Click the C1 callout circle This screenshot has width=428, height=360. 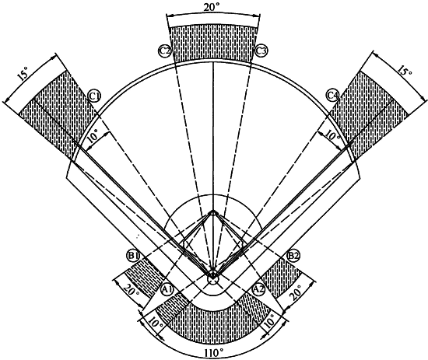(95, 96)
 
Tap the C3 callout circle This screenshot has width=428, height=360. (261, 51)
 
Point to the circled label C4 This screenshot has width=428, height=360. (333, 95)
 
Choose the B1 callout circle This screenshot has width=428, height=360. (133, 256)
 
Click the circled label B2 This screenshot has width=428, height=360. (293, 256)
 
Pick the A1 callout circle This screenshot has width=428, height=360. (167, 289)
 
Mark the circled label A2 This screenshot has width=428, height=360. (258, 289)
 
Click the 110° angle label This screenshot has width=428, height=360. (214, 354)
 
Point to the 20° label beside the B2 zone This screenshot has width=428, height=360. (296, 292)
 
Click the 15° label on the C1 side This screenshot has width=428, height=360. (23, 74)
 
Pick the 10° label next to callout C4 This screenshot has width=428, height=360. (332, 135)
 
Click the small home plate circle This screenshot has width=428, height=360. (212, 278)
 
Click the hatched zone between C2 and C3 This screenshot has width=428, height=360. (213, 43)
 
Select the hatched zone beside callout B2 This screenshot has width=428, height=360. (282, 277)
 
